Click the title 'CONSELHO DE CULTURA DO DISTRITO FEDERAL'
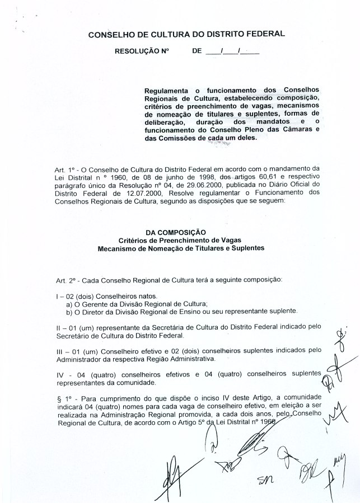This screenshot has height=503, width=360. [186, 35]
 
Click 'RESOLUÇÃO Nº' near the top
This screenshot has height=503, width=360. [142, 51]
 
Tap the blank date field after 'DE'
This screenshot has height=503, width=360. [232, 51]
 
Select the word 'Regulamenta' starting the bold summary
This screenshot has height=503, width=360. [165, 90]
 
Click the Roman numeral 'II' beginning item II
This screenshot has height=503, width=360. [59, 327]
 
